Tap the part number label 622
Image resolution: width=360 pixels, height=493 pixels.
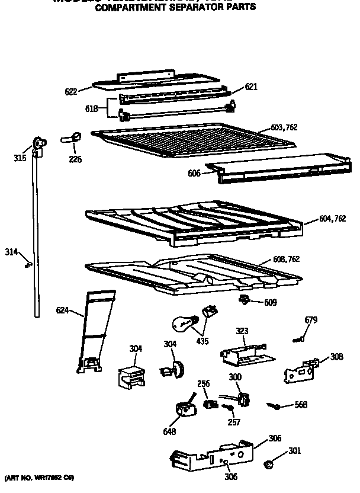coord(71,91)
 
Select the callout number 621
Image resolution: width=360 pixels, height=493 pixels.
coord(251,87)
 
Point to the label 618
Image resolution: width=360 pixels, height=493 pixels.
coord(92,108)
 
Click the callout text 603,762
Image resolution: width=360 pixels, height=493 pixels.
coord(284,127)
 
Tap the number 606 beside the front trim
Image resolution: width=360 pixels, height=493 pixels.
coord(193,173)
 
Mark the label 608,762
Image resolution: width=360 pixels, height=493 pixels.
coord(287,258)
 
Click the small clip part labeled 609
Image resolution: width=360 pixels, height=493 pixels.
coord(243,300)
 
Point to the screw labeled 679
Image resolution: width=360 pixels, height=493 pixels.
coord(298,340)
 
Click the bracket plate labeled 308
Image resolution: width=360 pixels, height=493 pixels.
coord(301,371)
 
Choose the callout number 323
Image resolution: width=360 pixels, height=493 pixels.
coord(243,331)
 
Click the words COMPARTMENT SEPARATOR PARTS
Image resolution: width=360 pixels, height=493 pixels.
coord(175,8)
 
